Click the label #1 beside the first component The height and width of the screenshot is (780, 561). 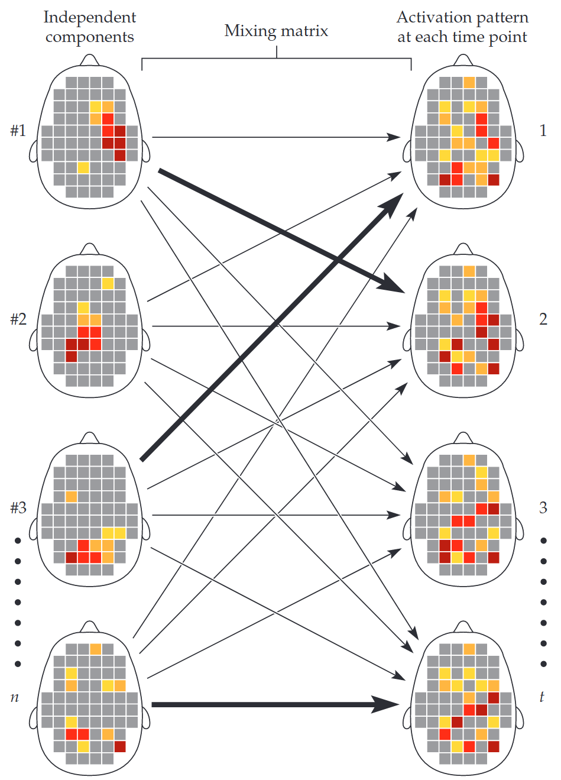[18, 131]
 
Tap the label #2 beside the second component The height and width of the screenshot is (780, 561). [18, 319]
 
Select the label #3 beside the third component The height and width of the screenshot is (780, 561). [18, 508]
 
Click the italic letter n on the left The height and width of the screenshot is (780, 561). [15, 697]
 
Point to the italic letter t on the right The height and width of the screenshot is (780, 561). [542, 697]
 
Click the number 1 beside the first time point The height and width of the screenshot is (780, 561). [543, 131]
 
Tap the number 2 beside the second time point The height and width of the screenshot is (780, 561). [543, 319]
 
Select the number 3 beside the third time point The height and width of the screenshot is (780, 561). [543, 508]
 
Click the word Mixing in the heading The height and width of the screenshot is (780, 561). [250, 31]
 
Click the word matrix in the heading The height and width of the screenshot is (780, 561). [304, 31]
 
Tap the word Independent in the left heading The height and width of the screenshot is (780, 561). [90, 17]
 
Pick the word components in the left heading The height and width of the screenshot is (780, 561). [90, 37]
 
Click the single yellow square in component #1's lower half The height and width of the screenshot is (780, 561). [83, 168]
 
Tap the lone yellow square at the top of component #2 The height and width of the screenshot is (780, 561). [108, 283]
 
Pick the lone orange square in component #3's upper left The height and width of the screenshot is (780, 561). [72, 497]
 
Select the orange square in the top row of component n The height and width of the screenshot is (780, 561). [96, 649]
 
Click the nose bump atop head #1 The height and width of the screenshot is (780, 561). [90, 60]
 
